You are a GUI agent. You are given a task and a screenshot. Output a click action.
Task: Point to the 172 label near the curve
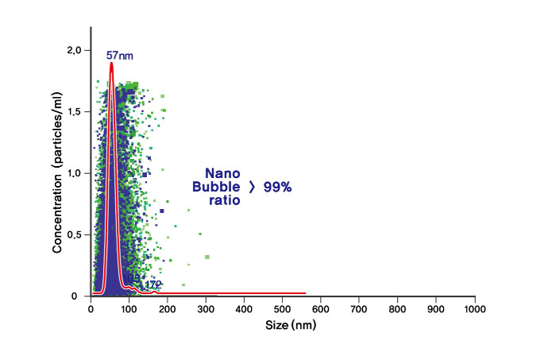click(x=153, y=284)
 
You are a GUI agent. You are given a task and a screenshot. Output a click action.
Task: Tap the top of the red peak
click(x=111, y=63)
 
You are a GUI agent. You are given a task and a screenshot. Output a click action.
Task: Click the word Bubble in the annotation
click(x=215, y=187)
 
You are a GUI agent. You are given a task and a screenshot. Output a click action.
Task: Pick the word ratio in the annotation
click(x=223, y=201)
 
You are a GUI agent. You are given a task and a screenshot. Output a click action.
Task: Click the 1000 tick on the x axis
click(x=475, y=308)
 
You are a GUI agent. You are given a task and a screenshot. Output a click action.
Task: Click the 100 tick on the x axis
click(x=129, y=308)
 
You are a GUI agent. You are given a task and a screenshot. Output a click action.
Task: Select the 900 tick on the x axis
click(x=437, y=308)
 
